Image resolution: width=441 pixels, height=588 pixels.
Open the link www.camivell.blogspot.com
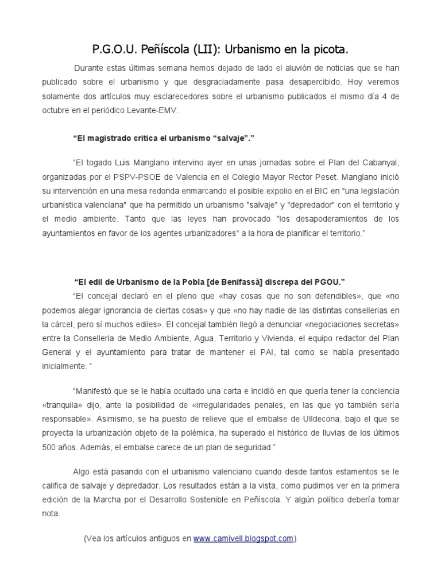coord(243,538)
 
